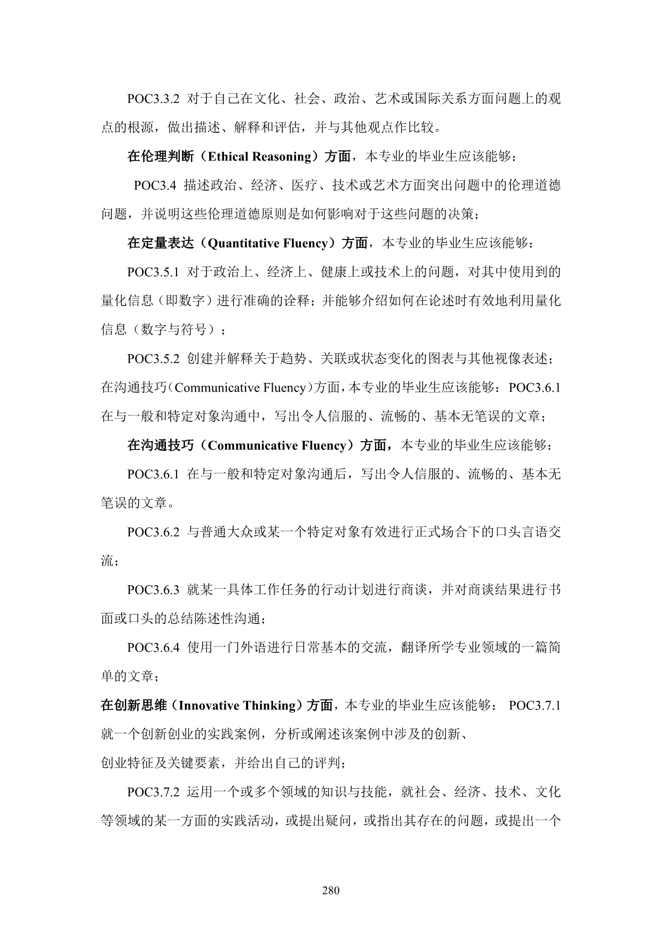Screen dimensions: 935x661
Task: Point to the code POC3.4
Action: pyautogui.click(x=155, y=186)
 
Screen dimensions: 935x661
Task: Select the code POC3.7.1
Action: pyautogui.click(x=535, y=706)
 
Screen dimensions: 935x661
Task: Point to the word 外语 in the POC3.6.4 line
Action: pyautogui.click(x=253, y=648)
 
